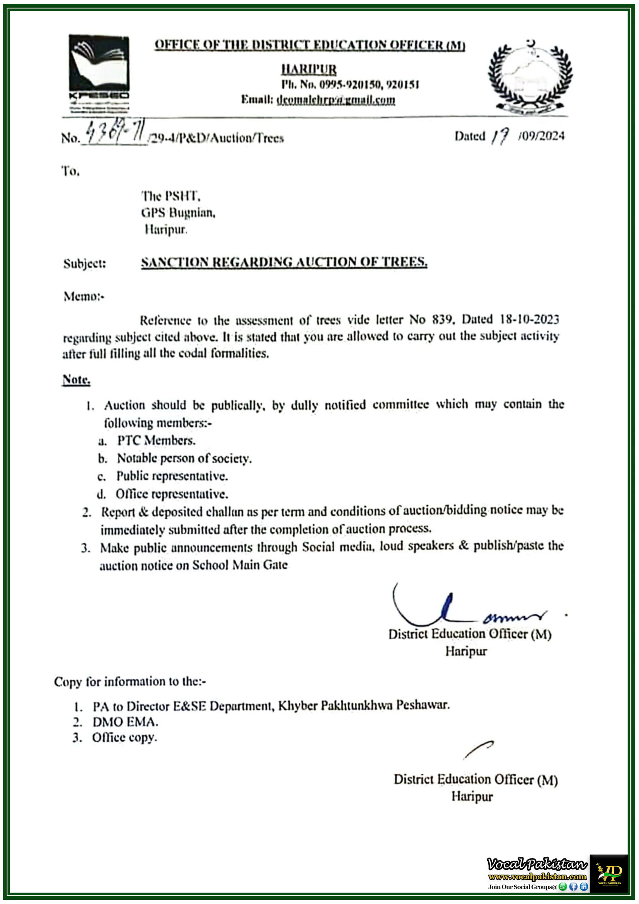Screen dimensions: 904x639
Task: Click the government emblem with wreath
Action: [x=530, y=77]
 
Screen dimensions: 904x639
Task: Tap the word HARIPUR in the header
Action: [x=309, y=69]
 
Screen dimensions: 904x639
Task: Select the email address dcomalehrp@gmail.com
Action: [x=336, y=100]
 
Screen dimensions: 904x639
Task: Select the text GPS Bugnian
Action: [x=178, y=213]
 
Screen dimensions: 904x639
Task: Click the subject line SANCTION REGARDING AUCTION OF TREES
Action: [x=284, y=262]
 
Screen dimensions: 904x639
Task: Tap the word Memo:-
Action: [x=84, y=296]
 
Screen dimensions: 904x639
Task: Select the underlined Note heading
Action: [x=76, y=379]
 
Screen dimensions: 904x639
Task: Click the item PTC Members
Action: [x=156, y=440]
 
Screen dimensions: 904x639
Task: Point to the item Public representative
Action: [x=172, y=476]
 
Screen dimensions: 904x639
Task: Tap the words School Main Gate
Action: [x=240, y=565]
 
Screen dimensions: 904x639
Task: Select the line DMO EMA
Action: [x=125, y=722]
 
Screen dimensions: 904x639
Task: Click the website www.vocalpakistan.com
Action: [x=537, y=876]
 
